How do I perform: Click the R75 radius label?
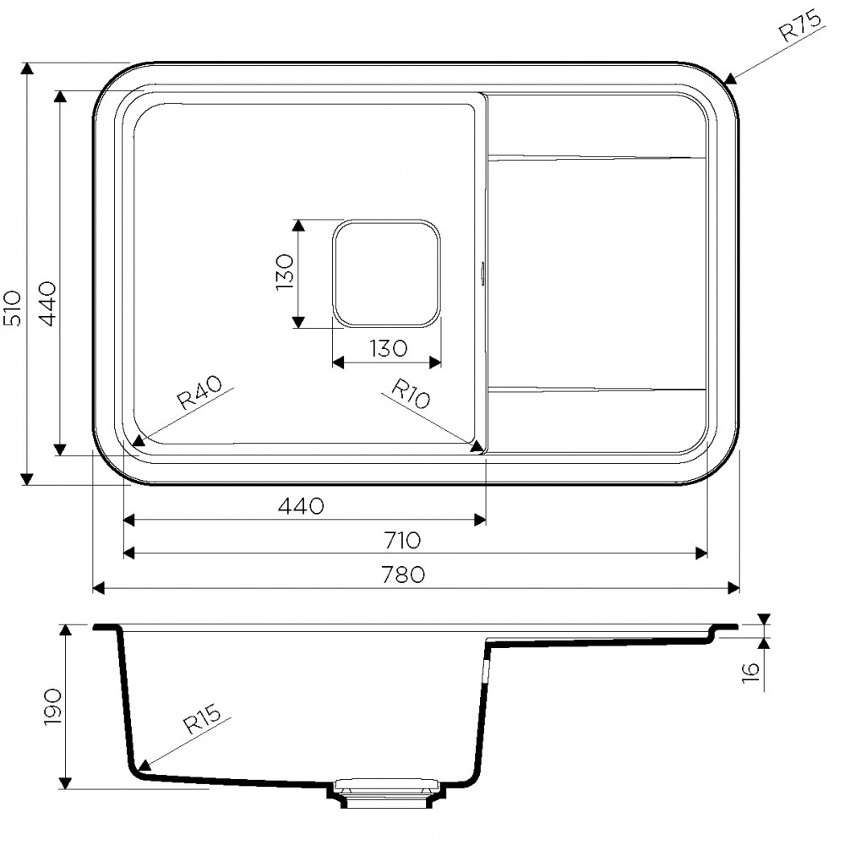coord(801,26)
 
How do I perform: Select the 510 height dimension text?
coord(13,308)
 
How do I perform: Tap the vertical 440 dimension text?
coord(48,303)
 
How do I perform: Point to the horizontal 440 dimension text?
coord(301,505)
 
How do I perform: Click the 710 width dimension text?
coord(402,540)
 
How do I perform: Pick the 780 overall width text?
coord(403,575)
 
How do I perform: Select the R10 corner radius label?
coord(411,394)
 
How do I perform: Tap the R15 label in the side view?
coord(202,719)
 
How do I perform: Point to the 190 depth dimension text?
coord(53,706)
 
